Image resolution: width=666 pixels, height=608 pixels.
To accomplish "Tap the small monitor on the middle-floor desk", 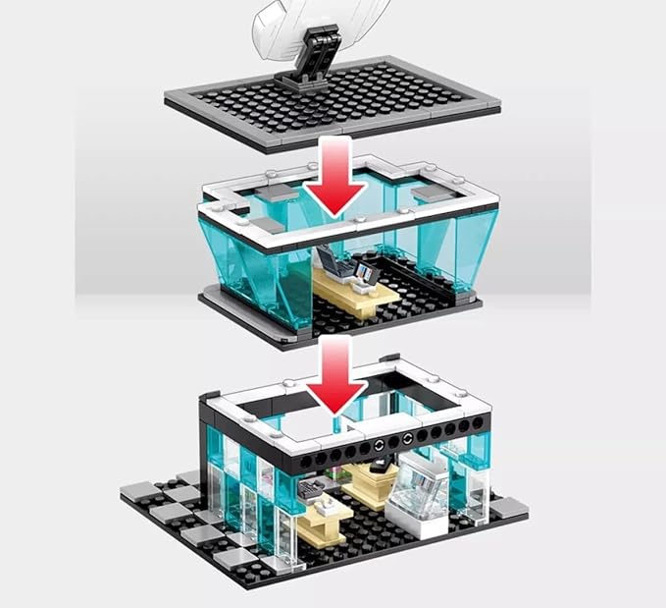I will pos(366,272).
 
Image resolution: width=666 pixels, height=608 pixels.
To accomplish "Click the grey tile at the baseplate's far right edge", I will pos(511,507).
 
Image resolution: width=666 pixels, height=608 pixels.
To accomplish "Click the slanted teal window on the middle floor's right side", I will pos(462,250).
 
